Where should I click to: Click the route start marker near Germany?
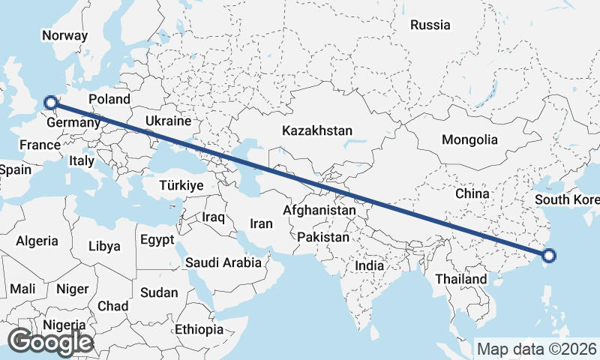(50, 103)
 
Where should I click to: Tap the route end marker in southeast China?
(548, 256)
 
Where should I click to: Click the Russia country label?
(430, 25)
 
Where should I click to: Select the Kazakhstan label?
(317, 130)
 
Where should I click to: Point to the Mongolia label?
(469, 139)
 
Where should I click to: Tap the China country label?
(472, 193)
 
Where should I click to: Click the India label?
(370, 265)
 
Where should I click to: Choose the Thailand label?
(460, 279)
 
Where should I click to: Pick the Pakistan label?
(323, 237)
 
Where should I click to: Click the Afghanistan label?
(319, 211)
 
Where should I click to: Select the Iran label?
(261, 223)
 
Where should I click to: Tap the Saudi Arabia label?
(223, 262)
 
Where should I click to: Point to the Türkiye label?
(181, 185)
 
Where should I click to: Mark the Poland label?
(109, 99)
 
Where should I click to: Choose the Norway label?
(65, 35)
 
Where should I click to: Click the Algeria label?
(37, 241)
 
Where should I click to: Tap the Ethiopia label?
(199, 329)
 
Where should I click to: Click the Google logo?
(50, 341)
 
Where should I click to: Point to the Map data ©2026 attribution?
(537, 349)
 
